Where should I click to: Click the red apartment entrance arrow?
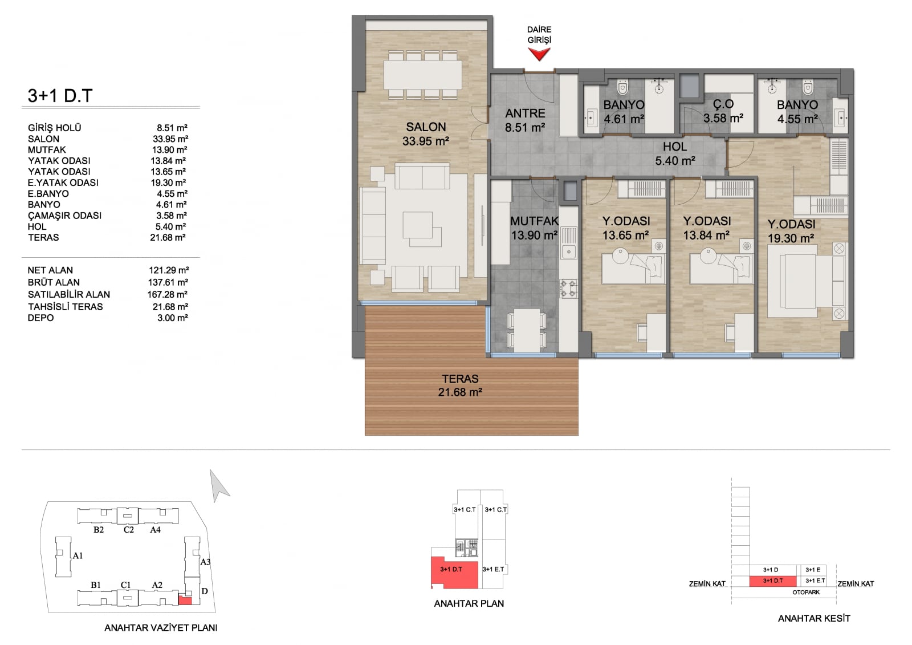539,54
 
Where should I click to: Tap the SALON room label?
426,127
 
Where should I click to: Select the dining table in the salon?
422,75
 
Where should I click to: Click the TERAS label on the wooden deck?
460,379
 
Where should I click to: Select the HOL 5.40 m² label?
675,153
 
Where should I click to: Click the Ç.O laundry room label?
723,104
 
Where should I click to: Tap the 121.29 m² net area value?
169,270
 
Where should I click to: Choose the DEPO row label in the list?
40,318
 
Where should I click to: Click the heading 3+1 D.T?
60,96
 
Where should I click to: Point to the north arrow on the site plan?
219,486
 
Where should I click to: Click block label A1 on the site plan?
78,555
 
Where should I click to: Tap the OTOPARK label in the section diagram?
806,592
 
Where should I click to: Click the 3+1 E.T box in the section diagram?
815,581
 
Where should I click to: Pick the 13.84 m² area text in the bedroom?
706,236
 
